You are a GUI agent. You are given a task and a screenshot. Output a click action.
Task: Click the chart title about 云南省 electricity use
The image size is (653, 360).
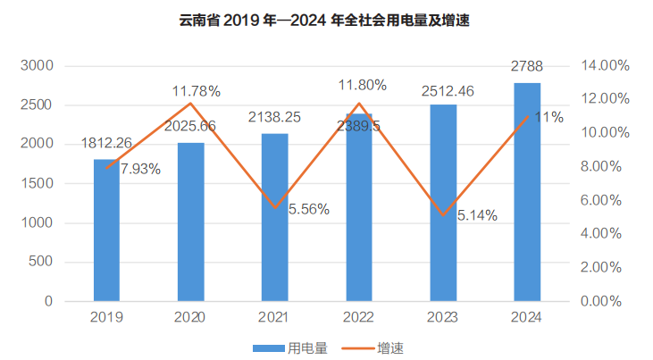[325, 21]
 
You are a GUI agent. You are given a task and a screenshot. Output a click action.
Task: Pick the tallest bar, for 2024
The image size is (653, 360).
[527, 192]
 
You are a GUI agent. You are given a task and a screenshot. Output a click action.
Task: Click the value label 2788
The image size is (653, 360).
[527, 65]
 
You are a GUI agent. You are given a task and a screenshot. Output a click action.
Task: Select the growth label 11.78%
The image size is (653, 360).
[197, 90]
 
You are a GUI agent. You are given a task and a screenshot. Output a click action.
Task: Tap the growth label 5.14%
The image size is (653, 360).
[477, 214]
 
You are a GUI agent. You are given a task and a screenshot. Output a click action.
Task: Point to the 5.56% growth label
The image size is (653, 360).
[308, 209]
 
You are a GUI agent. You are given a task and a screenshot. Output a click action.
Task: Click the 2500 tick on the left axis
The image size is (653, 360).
[38, 105]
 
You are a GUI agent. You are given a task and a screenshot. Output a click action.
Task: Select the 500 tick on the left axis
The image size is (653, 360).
[42, 263]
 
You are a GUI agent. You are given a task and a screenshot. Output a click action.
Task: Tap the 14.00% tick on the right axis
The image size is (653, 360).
[607, 66]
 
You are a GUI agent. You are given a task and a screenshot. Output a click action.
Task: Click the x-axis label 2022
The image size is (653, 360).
[358, 317]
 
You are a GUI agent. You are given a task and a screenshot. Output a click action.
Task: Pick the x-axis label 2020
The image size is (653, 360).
[190, 317]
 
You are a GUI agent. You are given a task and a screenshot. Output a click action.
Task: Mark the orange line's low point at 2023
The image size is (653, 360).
[443, 215]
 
